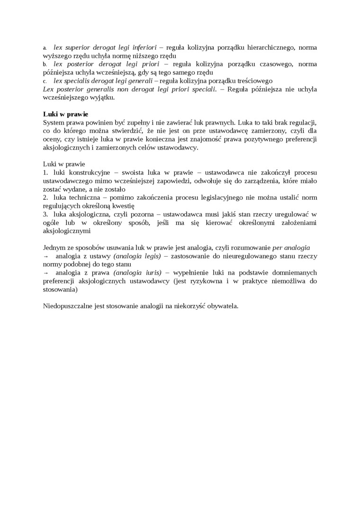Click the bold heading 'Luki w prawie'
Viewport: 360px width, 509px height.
tap(65, 114)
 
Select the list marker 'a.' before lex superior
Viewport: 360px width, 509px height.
tap(45, 48)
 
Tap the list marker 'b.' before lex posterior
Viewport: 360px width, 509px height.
tap(45, 64)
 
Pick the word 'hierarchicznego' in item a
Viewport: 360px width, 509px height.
tap(270, 47)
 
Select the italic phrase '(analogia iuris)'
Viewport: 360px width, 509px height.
tap(138, 273)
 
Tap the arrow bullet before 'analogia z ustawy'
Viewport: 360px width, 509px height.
tap(45, 256)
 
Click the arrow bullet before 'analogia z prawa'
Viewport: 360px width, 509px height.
tap(45, 273)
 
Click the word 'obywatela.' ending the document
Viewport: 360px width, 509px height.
tap(223, 306)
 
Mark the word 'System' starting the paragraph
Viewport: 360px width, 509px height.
tap(54, 123)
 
